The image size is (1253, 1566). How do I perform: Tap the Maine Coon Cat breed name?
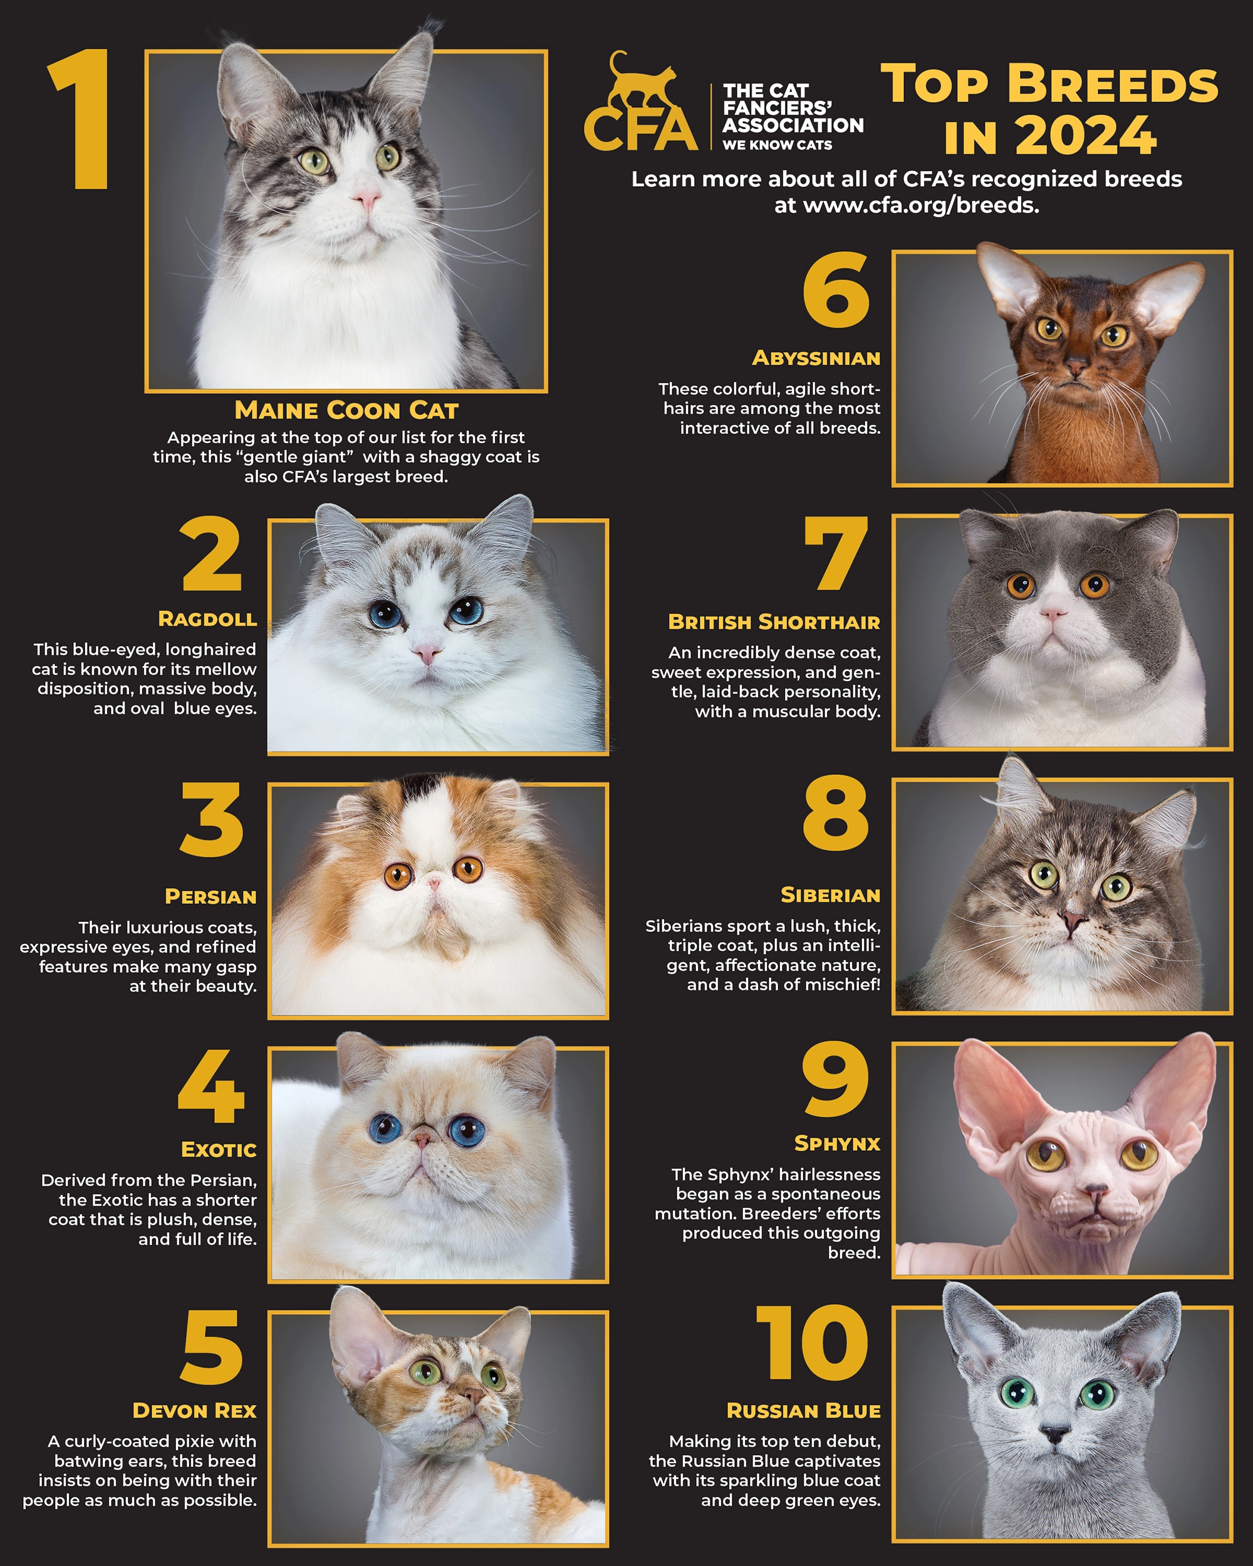tap(346, 410)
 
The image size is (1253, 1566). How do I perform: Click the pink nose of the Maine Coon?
tap(366, 197)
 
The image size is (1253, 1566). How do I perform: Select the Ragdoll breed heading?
tap(207, 619)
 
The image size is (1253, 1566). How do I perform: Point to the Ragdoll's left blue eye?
tap(385, 614)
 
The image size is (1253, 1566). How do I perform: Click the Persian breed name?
tap(211, 896)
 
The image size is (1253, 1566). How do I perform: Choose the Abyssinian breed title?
tap(816, 358)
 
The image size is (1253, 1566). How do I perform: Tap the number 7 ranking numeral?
tap(837, 554)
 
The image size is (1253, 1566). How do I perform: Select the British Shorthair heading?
tap(774, 623)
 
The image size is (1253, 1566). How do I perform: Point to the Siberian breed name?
tap(829, 895)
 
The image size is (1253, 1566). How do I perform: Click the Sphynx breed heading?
tap(837, 1143)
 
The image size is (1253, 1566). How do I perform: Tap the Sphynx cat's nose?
tap(1094, 1192)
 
